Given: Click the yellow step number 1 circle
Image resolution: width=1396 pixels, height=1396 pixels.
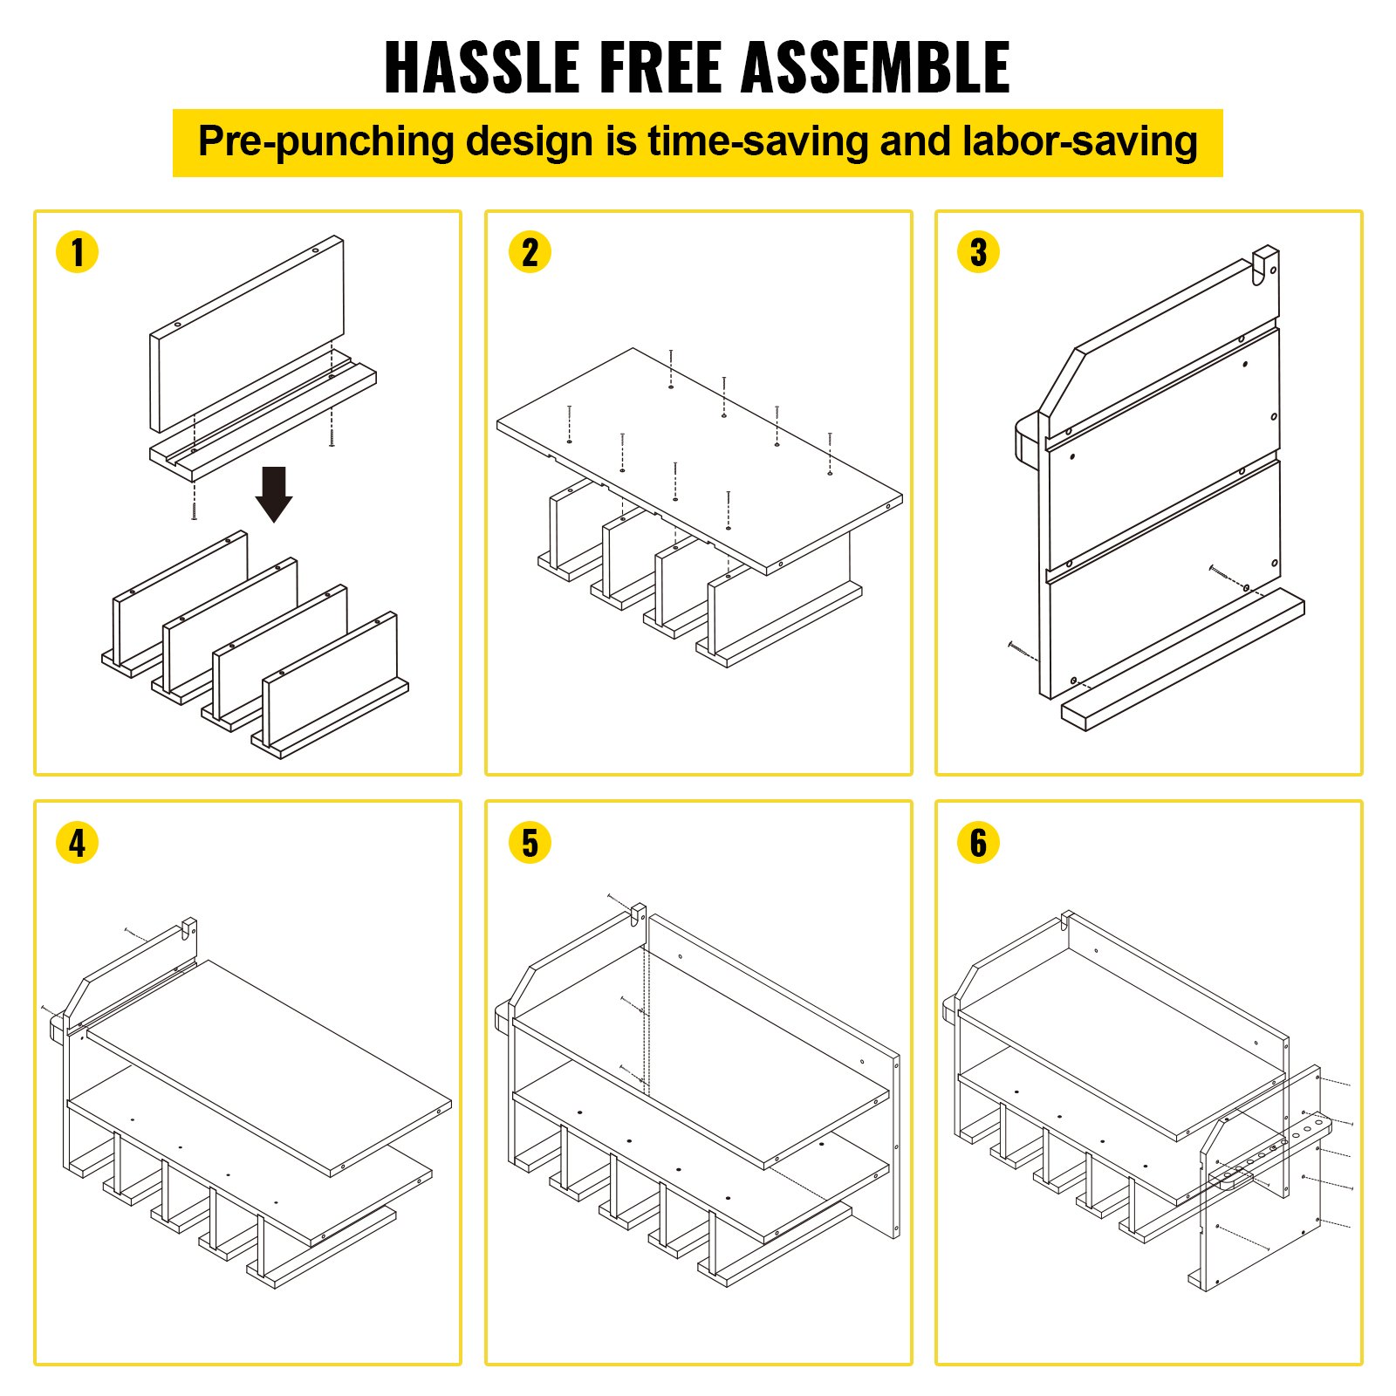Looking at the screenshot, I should click(x=77, y=252).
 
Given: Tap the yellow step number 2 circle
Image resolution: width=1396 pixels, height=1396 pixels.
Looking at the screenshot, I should click(x=530, y=252).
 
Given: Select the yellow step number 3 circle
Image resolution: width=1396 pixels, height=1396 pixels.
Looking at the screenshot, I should click(x=978, y=252).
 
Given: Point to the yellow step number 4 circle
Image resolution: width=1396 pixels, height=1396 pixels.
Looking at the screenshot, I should click(x=77, y=843).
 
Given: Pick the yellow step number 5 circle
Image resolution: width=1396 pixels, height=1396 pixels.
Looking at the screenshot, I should click(x=530, y=843).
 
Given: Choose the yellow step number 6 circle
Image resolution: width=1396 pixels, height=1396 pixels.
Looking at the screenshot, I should click(x=978, y=843).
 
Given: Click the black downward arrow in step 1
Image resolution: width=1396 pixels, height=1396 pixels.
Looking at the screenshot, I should click(x=274, y=494).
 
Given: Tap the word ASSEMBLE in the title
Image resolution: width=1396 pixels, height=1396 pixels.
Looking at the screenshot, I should click(x=875, y=67).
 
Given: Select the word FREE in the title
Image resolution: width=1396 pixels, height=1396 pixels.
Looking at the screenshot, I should click(x=661, y=67).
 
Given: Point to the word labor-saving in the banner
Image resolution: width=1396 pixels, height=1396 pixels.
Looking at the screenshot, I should click(x=1079, y=142).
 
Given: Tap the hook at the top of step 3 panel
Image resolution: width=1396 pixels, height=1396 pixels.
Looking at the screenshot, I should click(x=1265, y=264).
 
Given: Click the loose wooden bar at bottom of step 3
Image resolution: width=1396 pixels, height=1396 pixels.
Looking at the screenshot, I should click(x=1183, y=660).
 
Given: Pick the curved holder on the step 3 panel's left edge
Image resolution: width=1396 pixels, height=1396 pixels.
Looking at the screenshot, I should click(x=1027, y=442).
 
